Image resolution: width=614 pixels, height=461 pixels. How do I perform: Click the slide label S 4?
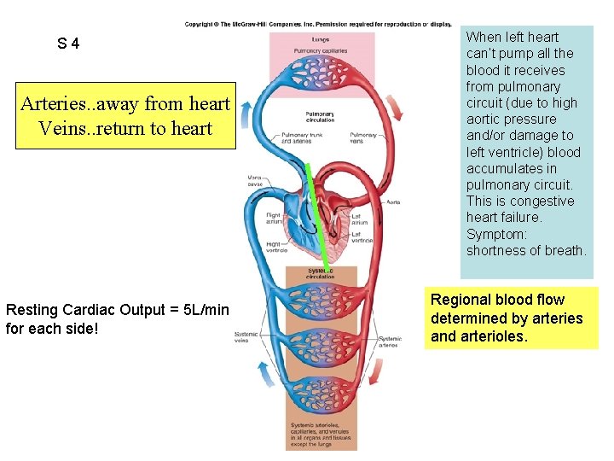pos(68,43)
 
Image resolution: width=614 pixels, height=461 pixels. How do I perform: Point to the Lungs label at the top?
pos(321,40)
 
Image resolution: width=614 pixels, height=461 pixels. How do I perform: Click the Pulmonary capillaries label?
pos(321,51)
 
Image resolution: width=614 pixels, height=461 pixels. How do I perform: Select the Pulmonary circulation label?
pos(321,117)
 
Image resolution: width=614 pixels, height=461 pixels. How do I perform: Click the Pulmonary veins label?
pos(362,138)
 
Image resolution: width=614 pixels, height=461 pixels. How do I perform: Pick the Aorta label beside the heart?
pos(393,201)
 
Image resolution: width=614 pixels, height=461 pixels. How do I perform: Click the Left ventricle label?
pos(362,238)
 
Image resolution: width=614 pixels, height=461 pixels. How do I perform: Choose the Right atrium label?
pos(273,219)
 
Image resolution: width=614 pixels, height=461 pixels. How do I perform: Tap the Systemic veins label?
pos(246,337)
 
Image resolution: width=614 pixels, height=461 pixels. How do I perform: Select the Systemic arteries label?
pos(390,341)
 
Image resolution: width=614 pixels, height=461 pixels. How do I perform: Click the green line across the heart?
pos(316,213)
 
